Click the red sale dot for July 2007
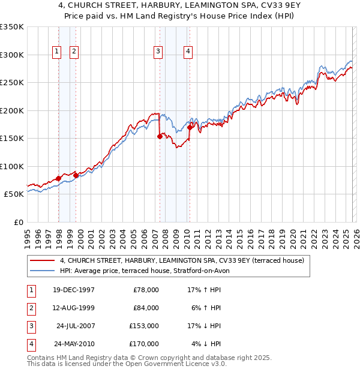click(160, 137)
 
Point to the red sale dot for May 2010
click(190, 127)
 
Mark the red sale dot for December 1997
click(58, 178)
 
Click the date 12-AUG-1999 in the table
click(73, 308)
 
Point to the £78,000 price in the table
click(146, 290)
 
